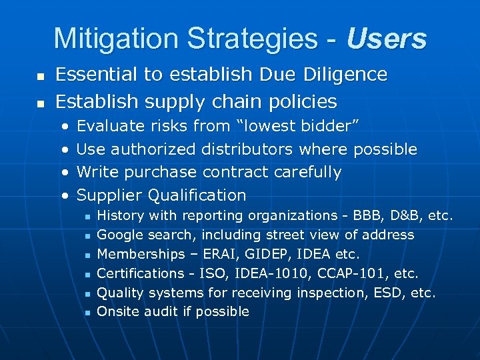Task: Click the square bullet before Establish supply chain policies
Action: tap(41, 104)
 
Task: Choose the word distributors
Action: tap(248, 149)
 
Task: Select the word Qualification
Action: tap(197, 195)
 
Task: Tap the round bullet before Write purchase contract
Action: tap(65, 173)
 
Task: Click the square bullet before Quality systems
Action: tap(87, 293)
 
